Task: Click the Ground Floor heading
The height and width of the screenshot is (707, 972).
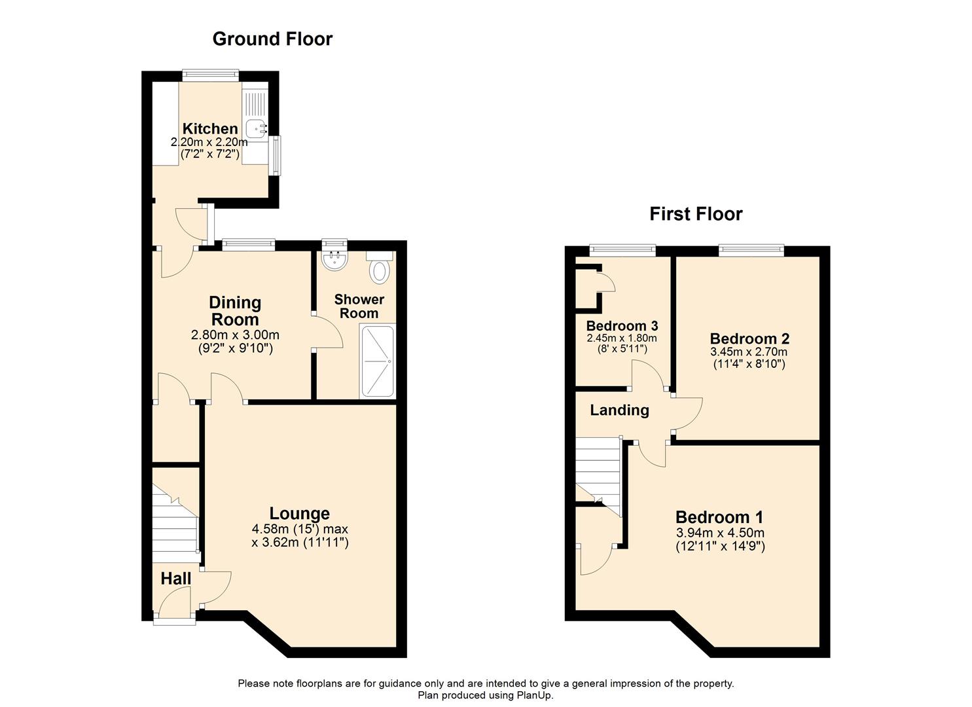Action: click(272, 39)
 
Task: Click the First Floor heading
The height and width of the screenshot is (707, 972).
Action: click(695, 214)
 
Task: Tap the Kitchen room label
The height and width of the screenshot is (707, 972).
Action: click(209, 128)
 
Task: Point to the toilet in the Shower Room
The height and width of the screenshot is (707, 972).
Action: click(379, 270)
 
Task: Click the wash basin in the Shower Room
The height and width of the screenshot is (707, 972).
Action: click(334, 260)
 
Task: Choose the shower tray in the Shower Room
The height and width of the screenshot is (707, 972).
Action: click(377, 361)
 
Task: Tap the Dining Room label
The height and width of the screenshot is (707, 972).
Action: click(234, 311)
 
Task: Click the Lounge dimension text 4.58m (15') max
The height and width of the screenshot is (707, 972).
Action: click(299, 529)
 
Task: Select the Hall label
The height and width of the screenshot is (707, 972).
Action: click(176, 579)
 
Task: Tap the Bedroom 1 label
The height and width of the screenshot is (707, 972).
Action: click(719, 517)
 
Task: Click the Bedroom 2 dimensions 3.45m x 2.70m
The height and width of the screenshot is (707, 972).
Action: click(748, 352)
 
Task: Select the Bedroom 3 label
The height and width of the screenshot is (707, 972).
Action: click(622, 326)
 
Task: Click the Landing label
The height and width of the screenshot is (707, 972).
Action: click(619, 410)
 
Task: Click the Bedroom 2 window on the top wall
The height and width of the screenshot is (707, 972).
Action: click(751, 249)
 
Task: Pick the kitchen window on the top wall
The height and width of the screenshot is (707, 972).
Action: click(210, 75)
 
